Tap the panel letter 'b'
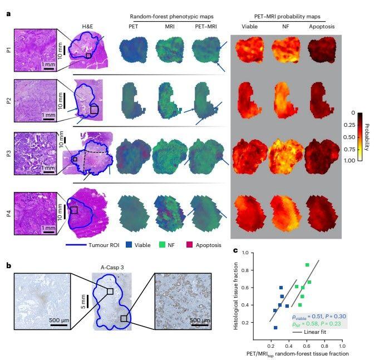coord(8,265)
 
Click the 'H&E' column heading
coord(87,26)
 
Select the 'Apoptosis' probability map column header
coord(323,26)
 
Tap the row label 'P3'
coord(8,152)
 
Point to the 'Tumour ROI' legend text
coord(104,245)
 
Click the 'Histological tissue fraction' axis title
coord(236,297)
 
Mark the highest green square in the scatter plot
coord(307,265)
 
